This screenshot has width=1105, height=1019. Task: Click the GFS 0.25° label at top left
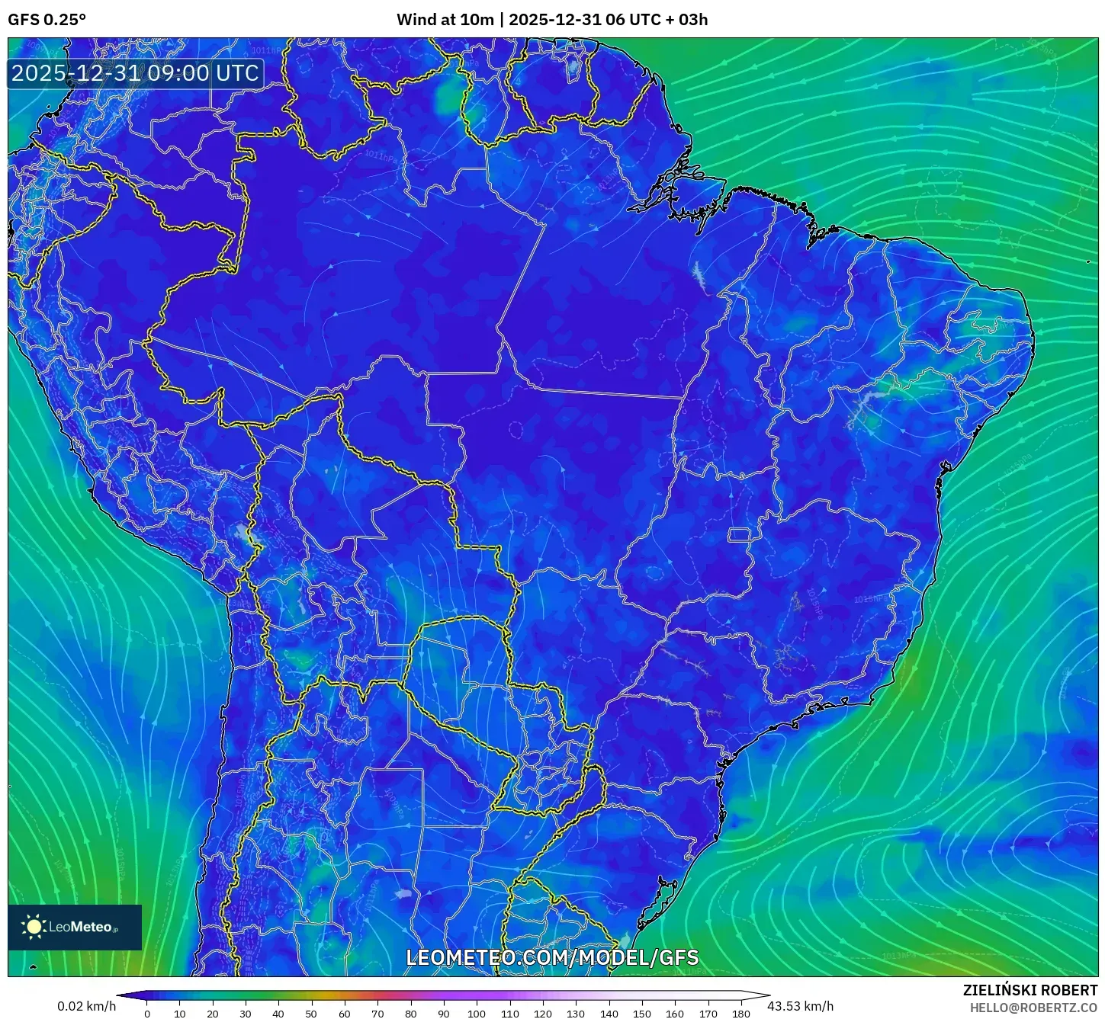pyautogui.click(x=47, y=20)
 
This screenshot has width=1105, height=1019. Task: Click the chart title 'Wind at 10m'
pyautogui.click(x=445, y=20)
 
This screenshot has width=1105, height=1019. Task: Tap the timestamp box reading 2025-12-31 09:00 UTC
pyautogui.click(x=136, y=73)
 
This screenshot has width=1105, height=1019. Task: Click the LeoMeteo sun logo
pyautogui.click(x=34, y=927)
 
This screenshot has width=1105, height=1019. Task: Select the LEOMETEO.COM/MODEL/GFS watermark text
pyautogui.click(x=552, y=957)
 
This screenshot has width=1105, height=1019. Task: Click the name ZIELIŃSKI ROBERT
pyautogui.click(x=1030, y=990)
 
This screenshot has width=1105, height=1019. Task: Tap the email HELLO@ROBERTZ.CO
pyautogui.click(x=1033, y=1008)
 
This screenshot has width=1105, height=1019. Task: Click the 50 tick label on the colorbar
pyautogui.click(x=311, y=1014)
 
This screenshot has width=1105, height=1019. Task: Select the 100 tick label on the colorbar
pyautogui.click(x=477, y=1014)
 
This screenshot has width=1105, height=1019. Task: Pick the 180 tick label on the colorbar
pyautogui.click(x=740, y=1014)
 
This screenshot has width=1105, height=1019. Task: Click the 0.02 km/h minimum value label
pyautogui.click(x=86, y=1006)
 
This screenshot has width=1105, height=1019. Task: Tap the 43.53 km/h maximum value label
pyautogui.click(x=800, y=1006)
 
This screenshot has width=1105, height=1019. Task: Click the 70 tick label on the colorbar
pyautogui.click(x=377, y=1014)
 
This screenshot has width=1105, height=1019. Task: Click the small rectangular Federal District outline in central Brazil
pyautogui.click(x=739, y=535)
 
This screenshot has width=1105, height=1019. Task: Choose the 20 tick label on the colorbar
pyautogui.click(x=213, y=1014)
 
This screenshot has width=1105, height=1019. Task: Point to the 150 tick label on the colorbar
pyautogui.click(x=642, y=1014)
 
